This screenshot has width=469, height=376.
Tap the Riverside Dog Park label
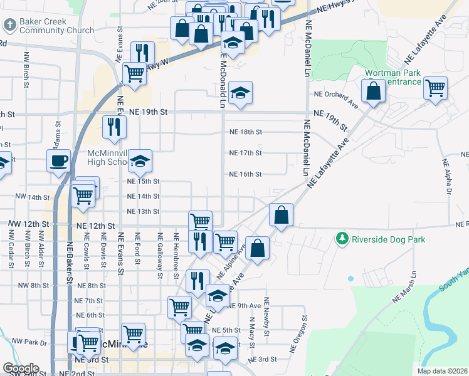click(x=388, y=239)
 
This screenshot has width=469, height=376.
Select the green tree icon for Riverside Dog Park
click(x=342, y=239)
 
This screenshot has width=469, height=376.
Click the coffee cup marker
click(x=59, y=161)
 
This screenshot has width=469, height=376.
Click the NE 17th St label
click(x=245, y=153)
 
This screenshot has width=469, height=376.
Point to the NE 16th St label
click(x=245, y=174)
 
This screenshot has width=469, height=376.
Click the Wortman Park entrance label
click(x=394, y=78)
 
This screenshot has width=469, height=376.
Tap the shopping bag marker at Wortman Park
click(x=373, y=91)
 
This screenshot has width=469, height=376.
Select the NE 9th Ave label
click(x=245, y=306)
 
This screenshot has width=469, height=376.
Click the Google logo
click(x=20, y=368)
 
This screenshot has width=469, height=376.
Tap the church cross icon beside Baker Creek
click(x=9, y=26)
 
